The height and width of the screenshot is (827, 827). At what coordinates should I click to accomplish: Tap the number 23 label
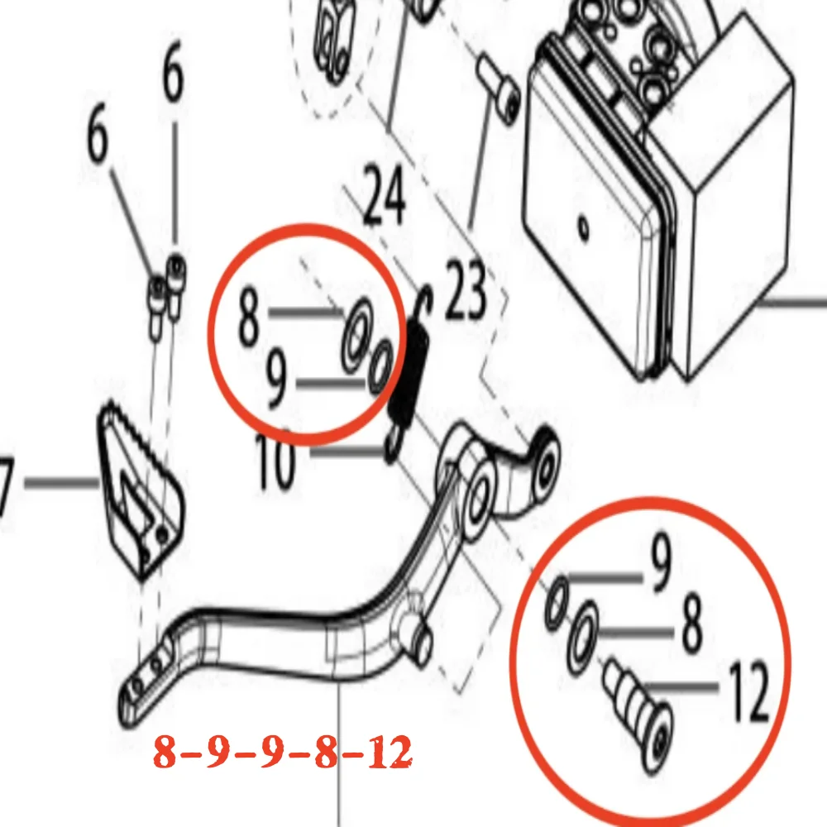click(466, 289)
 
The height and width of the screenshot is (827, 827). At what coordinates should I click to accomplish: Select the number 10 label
click(275, 463)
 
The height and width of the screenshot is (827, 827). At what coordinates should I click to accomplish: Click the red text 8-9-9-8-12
click(283, 753)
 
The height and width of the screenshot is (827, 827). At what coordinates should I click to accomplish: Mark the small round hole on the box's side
click(585, 224)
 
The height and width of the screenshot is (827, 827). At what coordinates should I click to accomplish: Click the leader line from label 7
click(61, 482)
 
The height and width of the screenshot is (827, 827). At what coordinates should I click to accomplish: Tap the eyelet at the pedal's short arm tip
click(547, 463)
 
